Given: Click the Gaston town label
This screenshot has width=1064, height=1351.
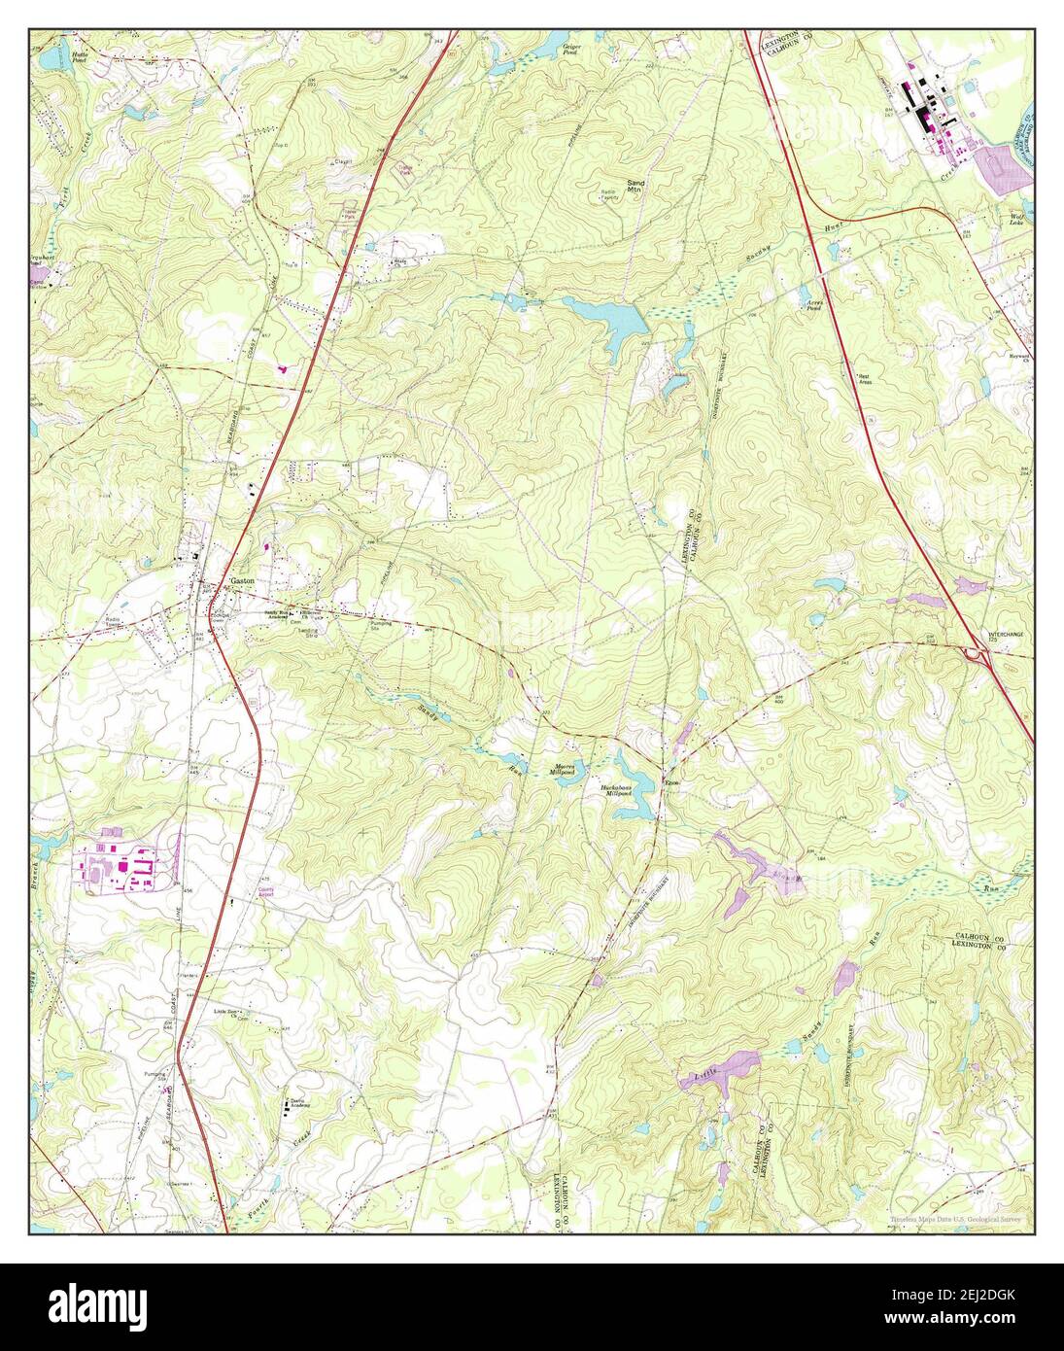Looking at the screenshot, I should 242,580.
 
